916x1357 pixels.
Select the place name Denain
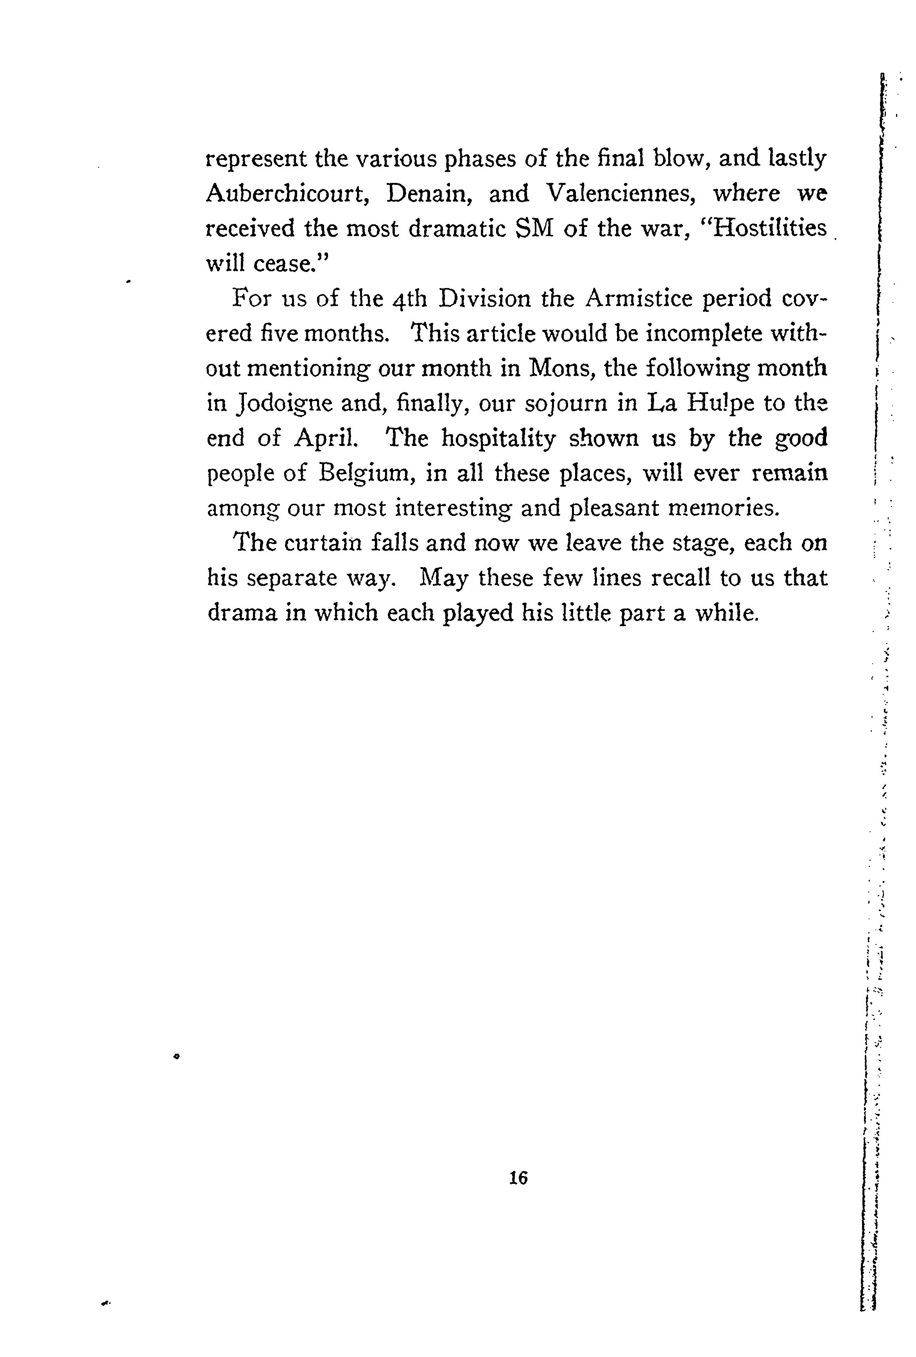pyautogui.click(x=428, y=193)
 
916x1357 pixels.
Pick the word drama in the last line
pyautogui.click(x=242, y=613)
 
